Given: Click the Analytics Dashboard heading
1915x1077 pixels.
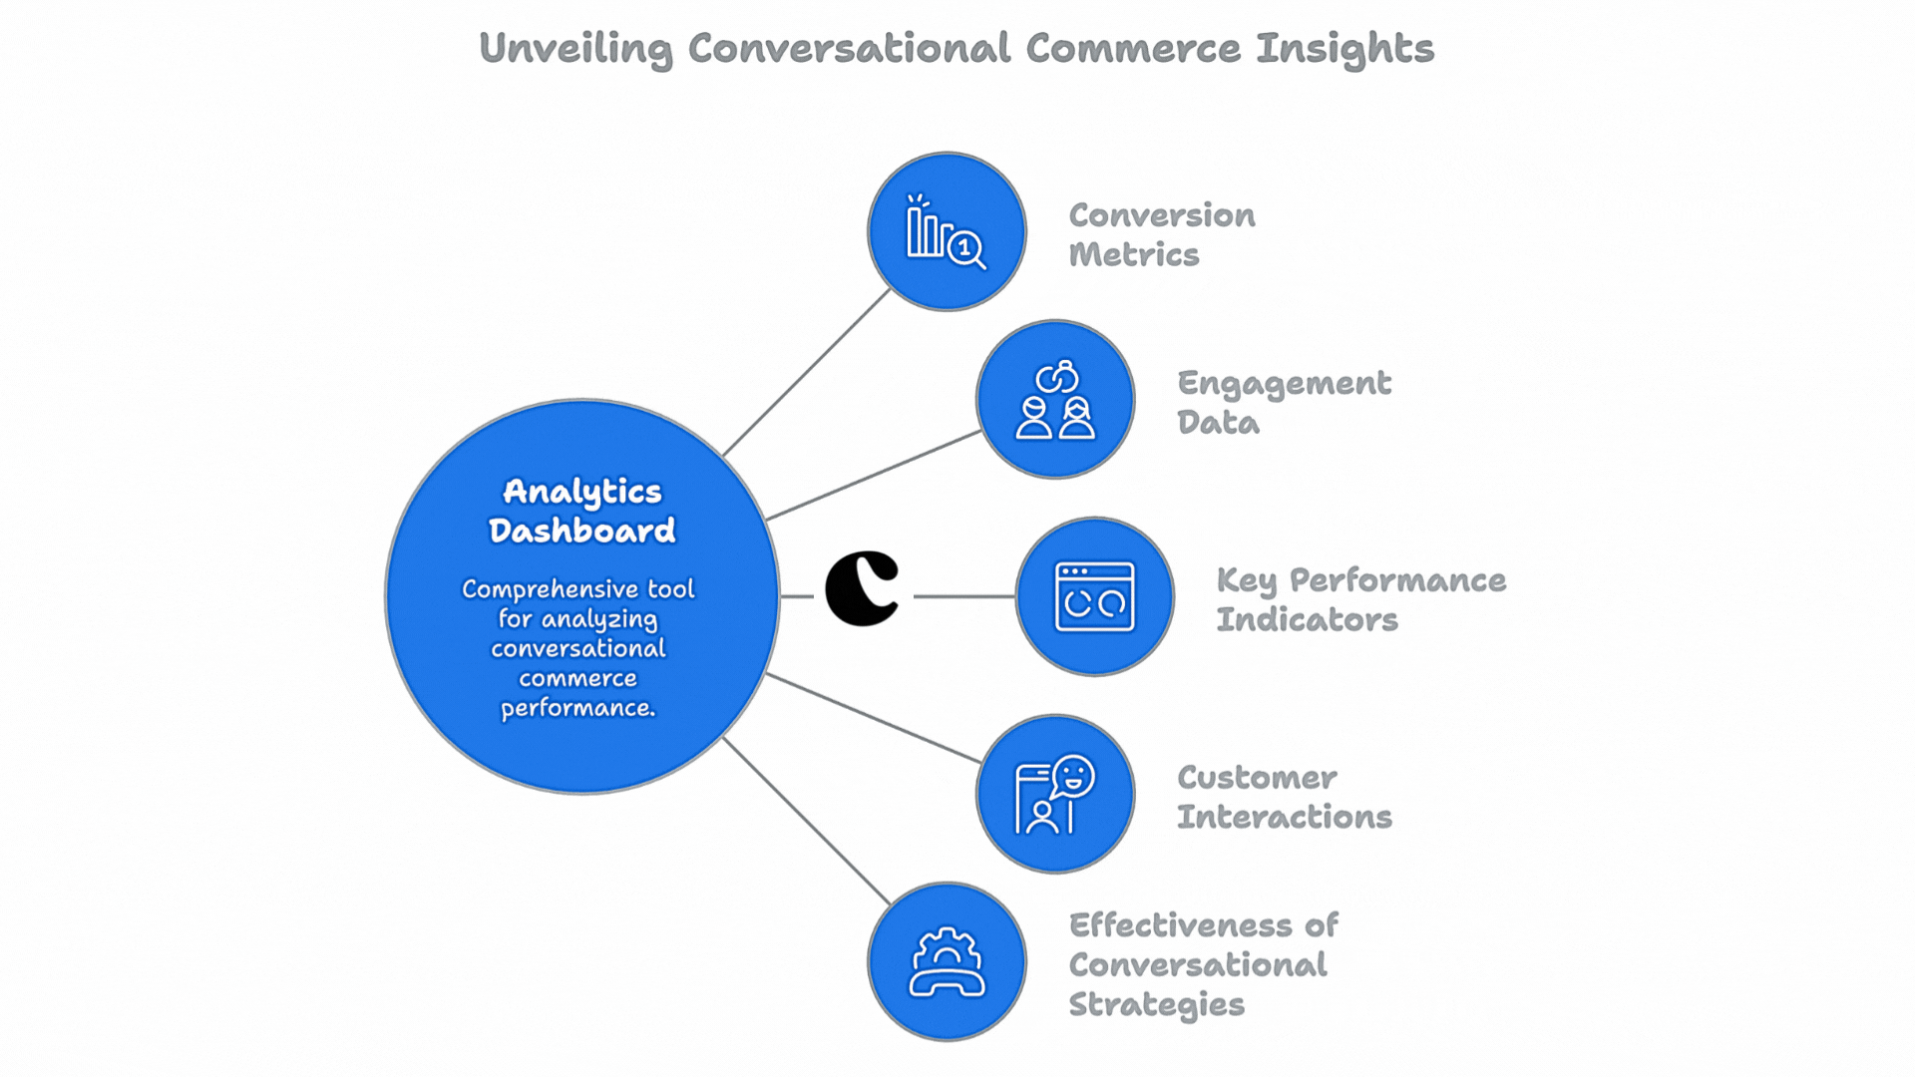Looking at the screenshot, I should click(x=581, y=511).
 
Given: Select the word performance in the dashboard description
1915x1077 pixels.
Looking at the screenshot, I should click(x=576, y=708).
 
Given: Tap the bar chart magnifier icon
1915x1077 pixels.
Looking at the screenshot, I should click(x=946, y=232).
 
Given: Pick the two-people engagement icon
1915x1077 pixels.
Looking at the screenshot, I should click(x=1055, y=401).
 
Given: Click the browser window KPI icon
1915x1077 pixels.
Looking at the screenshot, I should click(x=1094, y=596).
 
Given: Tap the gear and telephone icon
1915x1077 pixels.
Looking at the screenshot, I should click(x=947, y=962).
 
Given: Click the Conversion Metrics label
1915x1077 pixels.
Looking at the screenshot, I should click(x=1161, y=234).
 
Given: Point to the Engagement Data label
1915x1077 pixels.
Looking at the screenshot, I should click(x=1283, y=402).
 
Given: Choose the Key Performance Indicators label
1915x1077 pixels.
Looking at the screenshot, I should click(x=1359, y=599).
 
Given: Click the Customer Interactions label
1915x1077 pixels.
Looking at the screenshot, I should click(x=1283, y=797).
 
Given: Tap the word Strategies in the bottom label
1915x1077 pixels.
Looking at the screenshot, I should click(x=1156, y=1004).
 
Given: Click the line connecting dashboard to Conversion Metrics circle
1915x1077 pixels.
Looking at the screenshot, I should click(x=806, y=372).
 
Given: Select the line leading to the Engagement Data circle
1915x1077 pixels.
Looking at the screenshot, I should click(x=873, y=476).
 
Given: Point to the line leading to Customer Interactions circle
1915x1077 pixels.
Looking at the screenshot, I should click(x=873, y=718).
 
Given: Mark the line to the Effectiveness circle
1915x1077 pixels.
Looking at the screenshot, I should click(x=806, y=821).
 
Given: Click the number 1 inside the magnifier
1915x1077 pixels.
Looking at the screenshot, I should click(x=964, y=246).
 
